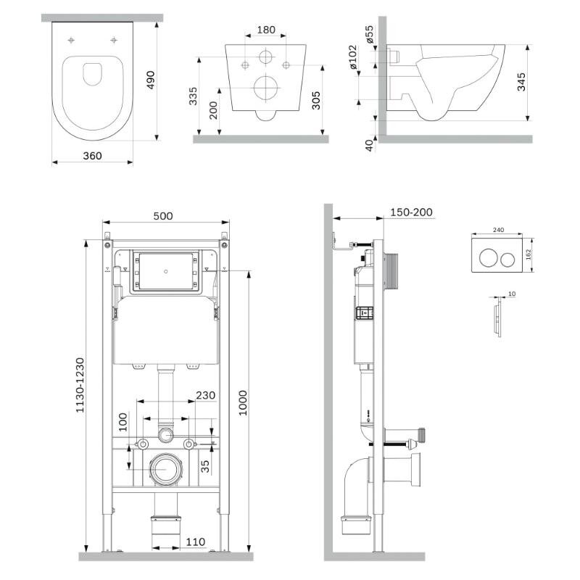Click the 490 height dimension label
[151, 80]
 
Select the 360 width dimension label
[92, 156]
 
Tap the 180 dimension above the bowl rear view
[266, 30]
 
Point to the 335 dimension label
[193, 96]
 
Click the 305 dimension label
[315, 101]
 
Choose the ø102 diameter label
[353, 57]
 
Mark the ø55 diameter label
[370, 34]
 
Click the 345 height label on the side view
[521, 82]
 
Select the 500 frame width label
[162, 216]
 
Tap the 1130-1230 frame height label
[80, 385]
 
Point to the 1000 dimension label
[243, 403]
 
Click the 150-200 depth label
[411, 212]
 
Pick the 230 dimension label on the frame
[205, 395]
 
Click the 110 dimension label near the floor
[195, 542]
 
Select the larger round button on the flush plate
[488, 258]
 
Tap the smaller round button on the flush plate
[507, 260]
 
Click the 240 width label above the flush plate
[498, 230]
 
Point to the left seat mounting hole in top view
[71, 40]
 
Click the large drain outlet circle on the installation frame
[166, 470]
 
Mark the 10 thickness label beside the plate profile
[512, 294]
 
